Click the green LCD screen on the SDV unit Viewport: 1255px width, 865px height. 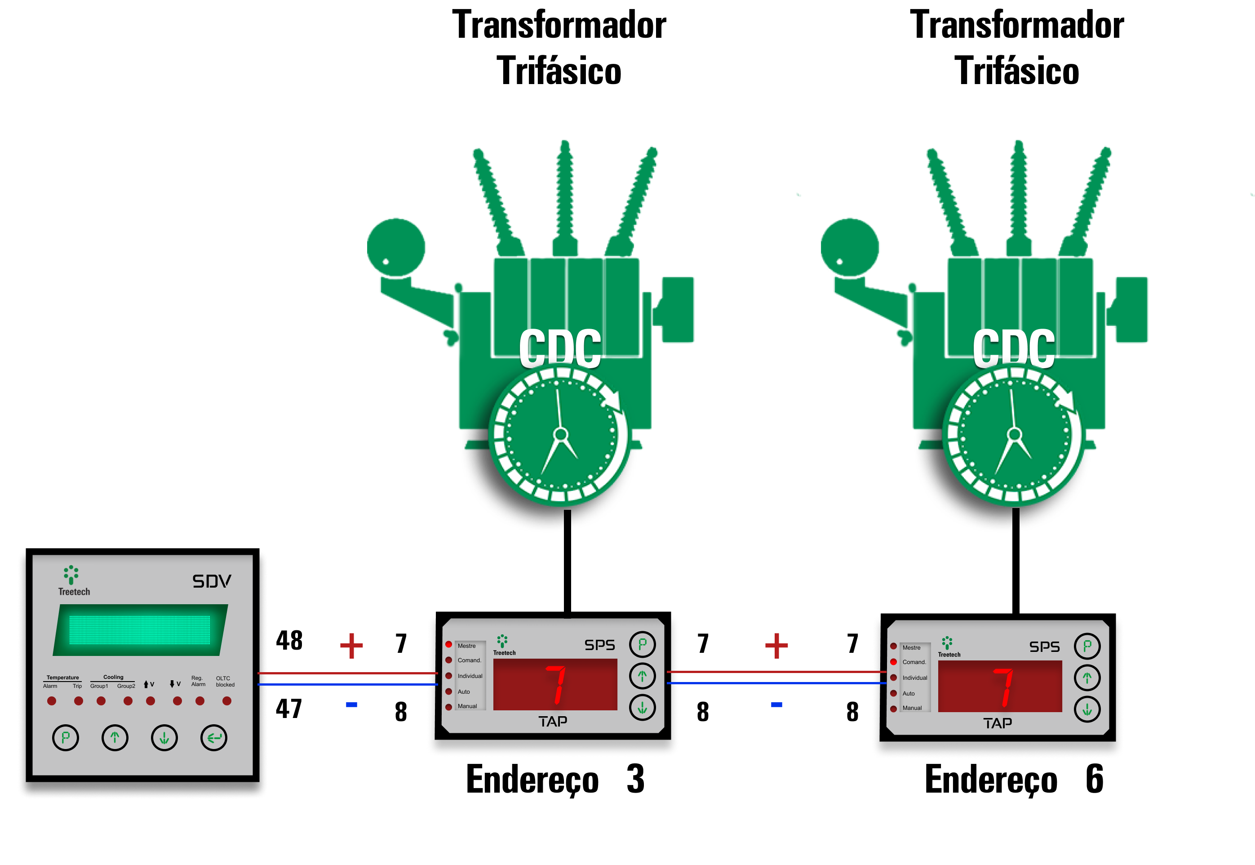pyautogui.click(x=140, y=630)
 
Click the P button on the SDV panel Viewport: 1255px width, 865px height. pyautogui.click(x=66, y=738)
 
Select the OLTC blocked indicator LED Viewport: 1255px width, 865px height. pyautogui.click(x=227, y=701)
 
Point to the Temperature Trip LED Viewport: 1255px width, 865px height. pyautogui.click(x=79, y=701)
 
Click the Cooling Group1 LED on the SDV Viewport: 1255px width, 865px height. pyautogui.click(x=101, y=701)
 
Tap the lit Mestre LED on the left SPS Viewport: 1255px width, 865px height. pyautogui.click(x=448, y=644)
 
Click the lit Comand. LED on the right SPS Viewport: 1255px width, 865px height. pyautogui.click(x=893, y=662)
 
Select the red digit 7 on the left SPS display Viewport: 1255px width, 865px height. pyautogui.click(x=556, y=685)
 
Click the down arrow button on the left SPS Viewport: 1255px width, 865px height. pyautogui.click(x=643, y=707)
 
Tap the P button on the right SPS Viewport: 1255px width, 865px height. pyautogui.click(x=1087, y=646)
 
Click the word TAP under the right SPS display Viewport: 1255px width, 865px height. pyautogui.click(x=997, y=723)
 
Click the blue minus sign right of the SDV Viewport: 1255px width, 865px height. pyautogui.click(x=351, y=704)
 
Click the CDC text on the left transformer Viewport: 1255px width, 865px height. pyautogui.click(x=560, y=348)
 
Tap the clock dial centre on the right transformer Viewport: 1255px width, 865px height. pyautogui.click(x=1014, y=435)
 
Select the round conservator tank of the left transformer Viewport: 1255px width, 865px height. pyautogui.click(x=396, y=247)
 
